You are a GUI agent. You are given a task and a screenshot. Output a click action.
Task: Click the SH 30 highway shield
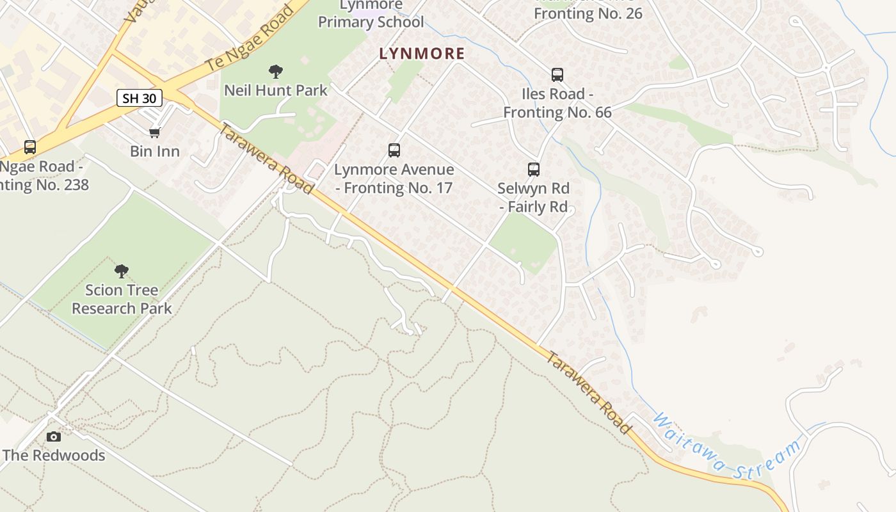pos(140,98)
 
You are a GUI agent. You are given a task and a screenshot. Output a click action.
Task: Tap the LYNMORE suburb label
pos(422,54)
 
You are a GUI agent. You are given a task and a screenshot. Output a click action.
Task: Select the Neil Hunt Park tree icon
pos(276,71)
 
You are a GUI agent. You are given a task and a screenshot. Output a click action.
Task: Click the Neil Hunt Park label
pos(276,90)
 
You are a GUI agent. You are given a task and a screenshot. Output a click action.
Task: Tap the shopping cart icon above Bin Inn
pos(154,132)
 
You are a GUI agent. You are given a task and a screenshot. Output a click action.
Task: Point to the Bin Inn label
pos(155,152)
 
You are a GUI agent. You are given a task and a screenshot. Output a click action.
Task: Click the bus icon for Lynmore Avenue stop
pos(394,150)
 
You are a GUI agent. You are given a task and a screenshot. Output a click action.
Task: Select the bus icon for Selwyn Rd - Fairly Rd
pos(534,170)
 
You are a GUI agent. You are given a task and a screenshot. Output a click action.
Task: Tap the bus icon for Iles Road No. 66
pos(557,75)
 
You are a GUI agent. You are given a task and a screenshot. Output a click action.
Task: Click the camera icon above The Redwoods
pos(54,436)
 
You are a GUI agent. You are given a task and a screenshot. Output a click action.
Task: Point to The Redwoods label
pos(54,456)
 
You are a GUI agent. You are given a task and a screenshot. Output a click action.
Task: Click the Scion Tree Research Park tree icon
pos(122,271)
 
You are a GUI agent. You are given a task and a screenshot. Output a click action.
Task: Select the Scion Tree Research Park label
pos(122,299)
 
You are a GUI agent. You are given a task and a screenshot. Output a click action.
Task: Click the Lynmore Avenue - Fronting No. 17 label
pos(394,179)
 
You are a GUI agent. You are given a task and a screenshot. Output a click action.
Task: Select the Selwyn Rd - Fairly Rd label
pos(534,198)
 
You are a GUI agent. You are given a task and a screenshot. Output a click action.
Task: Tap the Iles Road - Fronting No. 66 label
pos(557,103)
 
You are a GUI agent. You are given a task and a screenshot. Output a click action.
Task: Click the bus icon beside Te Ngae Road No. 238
pos(30,147)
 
